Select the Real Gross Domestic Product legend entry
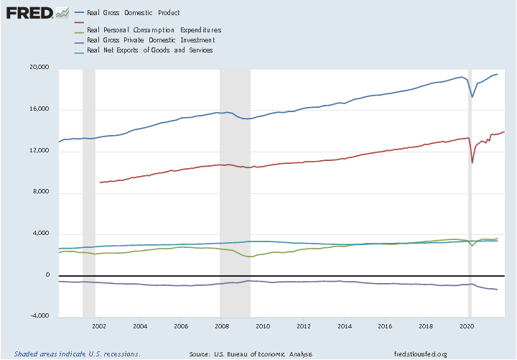coord(133,13)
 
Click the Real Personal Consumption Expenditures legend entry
coord(153,30)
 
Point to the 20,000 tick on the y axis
coord(37,68)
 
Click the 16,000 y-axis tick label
coord(37,109)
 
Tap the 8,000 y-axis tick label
coord(39,192)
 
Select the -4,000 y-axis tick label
coord(37,316)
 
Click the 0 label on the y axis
coord(47,275)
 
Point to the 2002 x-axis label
coord(99,326)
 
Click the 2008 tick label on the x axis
coord(221,326)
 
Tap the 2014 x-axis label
coord(344,326)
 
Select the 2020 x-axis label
coord(466,326)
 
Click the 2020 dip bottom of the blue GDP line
coord(472,97)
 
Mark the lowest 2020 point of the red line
coord(472,162)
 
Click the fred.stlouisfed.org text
coord(421,354)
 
